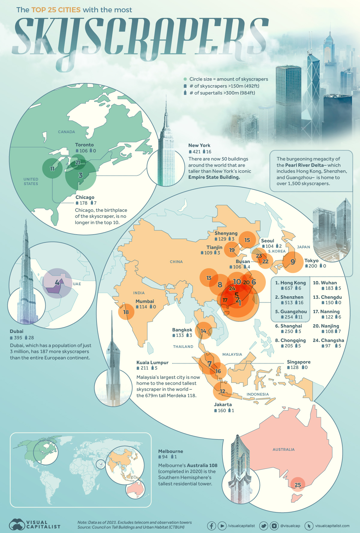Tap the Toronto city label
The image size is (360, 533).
[x=84, y=145]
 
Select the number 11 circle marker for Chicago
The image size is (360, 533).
[x=52, y=169]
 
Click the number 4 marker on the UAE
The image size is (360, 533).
[x=57, y=283]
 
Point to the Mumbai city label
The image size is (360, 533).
[x=145, y=301]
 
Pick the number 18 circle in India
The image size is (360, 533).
[x=126, y=312]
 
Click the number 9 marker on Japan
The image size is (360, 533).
[x=293, y=262]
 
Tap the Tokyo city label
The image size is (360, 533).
[x=311, y=261]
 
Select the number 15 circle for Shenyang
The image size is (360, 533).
[x=247, y=240]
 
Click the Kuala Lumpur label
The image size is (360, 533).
[x=152, y=363]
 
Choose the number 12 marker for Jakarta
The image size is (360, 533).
[x=222, y=391]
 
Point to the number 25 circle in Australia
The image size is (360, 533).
[x=298, y=485]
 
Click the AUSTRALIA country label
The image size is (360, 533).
[x=283, y=449]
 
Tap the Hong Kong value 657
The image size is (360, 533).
[x=289, y=288]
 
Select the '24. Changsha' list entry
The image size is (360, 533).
[x=328, y=340]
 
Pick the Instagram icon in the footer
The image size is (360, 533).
[x=274, y=526]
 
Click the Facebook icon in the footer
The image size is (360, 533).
[x=211, y=526]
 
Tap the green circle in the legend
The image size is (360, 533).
[x=185, y=79]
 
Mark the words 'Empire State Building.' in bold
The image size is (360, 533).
[x=214, y=177]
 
